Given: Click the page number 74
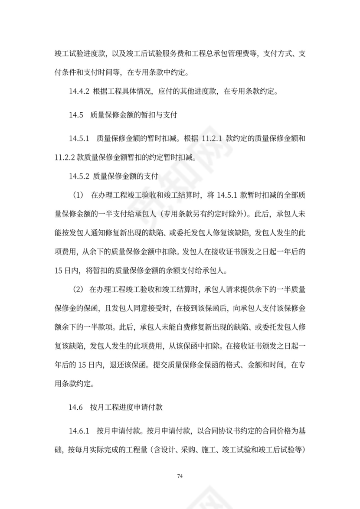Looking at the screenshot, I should [180, 476].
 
